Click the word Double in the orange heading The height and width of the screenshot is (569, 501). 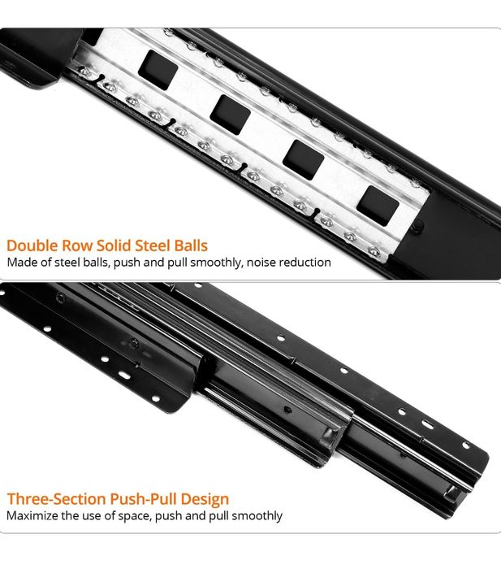point(32,245)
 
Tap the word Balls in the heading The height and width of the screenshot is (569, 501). point(191,245)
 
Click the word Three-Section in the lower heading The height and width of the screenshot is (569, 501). point(57,499)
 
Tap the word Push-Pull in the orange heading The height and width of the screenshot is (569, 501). point(144,499)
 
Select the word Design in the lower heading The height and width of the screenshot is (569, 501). point(205,500)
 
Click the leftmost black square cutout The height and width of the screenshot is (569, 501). point(158,70)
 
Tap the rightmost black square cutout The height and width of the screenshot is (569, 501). point(378,206)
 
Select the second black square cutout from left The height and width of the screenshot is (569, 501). point(231,115)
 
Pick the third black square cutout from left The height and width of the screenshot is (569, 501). point(304,160)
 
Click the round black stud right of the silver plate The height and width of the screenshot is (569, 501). point(418,225)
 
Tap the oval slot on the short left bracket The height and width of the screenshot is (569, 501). point(124,375)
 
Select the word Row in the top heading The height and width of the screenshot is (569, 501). point(77,245)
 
